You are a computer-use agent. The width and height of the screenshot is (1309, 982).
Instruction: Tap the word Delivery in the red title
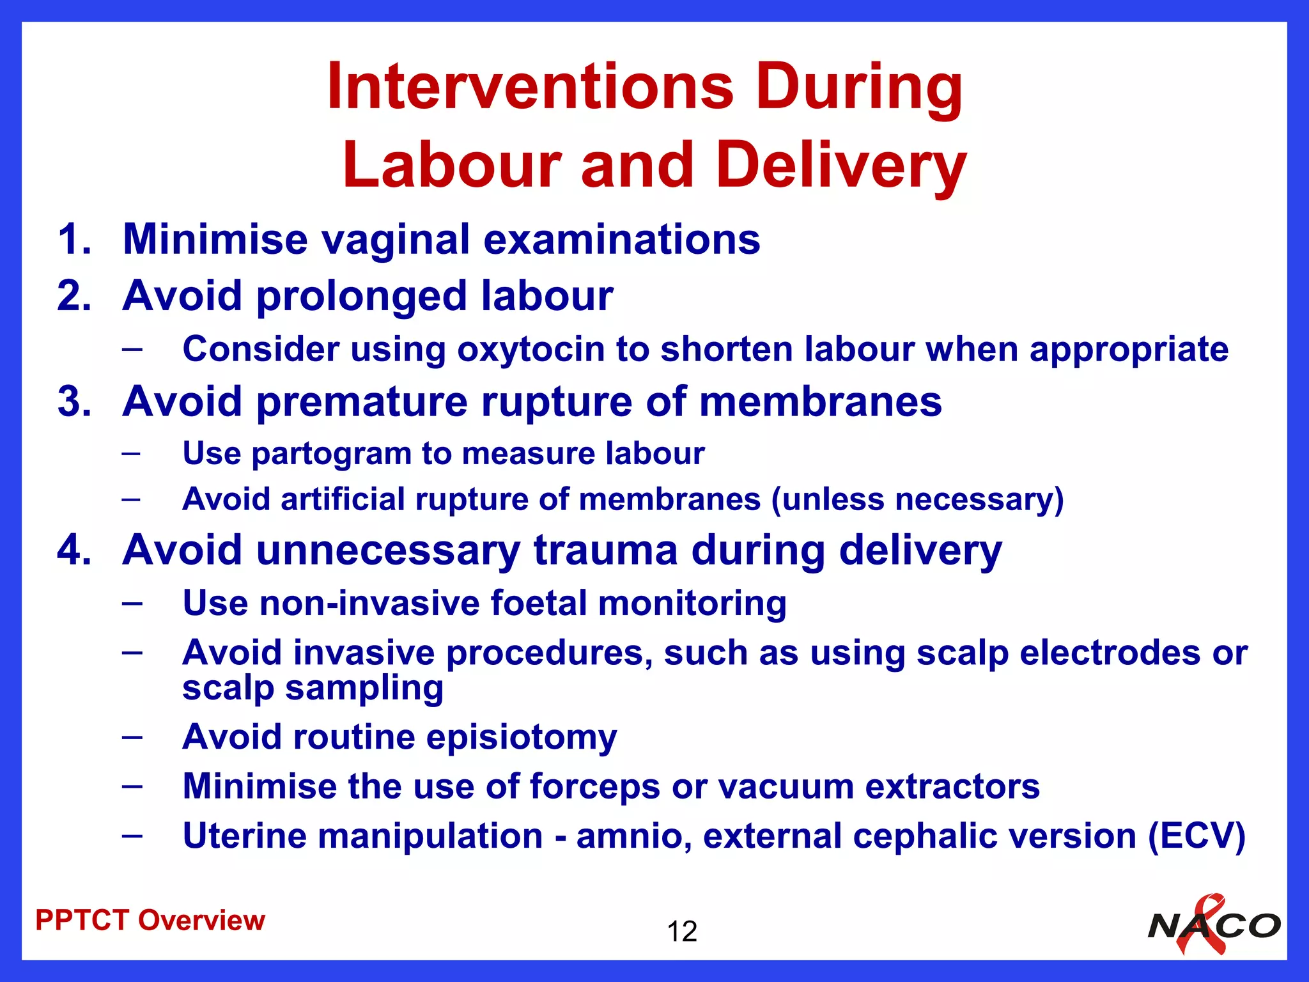point(840,165)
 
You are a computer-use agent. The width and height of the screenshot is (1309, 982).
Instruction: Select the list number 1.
point(74,239)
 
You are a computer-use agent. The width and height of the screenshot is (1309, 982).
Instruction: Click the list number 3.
point(74,401)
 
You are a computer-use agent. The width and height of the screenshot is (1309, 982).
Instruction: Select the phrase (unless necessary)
point(917,499)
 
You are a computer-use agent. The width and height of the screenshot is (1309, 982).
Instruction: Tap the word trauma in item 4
point(605,550)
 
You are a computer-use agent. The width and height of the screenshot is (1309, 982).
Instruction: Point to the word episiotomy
point(521,737)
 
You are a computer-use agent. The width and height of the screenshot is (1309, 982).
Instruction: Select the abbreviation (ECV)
point(1197,836)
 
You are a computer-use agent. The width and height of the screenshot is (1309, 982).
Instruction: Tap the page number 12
point(681,931)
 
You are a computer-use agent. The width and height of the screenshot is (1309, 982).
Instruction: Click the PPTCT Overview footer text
point(150,921)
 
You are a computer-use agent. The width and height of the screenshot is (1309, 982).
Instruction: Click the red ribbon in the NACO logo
point(1202,924)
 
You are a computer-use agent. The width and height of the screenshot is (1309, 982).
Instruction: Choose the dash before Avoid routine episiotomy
point(132,736)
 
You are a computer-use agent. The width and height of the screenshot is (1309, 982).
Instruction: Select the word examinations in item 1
point(621,239)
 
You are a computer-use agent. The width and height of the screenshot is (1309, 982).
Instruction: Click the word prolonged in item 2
point(362,296)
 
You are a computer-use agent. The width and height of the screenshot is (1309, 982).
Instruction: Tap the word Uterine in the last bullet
point(244,836)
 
